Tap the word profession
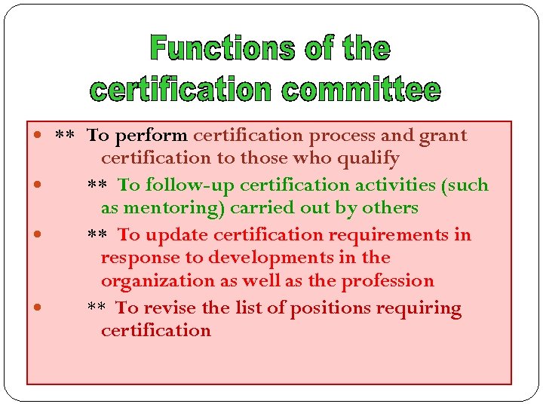point(388,281)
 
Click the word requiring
point(422,308)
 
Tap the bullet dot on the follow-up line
point(37,185)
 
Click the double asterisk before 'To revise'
point(96,308)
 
